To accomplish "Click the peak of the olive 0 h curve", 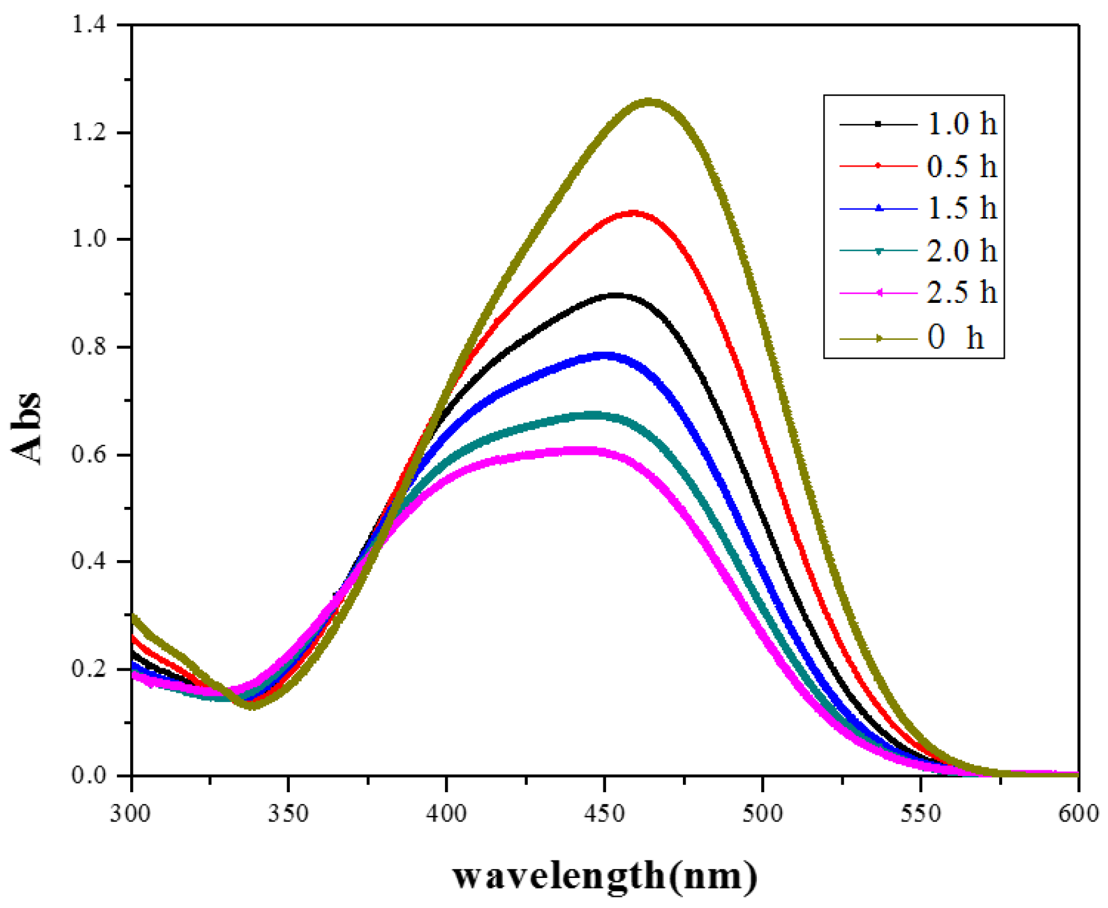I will pos(649,102).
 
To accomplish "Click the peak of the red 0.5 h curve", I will pos(634,214).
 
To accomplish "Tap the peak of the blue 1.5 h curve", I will pos(605,356).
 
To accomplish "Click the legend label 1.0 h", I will pos(961,124).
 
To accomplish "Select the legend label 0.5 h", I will pos(961,166).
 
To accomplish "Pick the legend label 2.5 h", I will pos(961,293).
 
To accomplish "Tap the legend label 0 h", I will pos(955,338).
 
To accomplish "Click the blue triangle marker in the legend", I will pos(878,208).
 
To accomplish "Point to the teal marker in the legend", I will pos(878,251).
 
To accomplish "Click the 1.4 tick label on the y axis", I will pos(89,25).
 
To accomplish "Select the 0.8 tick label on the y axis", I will pos(89,347).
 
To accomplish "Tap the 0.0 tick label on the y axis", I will pos(89,776).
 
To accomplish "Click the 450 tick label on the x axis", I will pos(604,814).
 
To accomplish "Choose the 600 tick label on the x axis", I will pos(1077,814).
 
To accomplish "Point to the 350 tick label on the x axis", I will pos(288,814).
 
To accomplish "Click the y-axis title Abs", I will pos(26,429).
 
